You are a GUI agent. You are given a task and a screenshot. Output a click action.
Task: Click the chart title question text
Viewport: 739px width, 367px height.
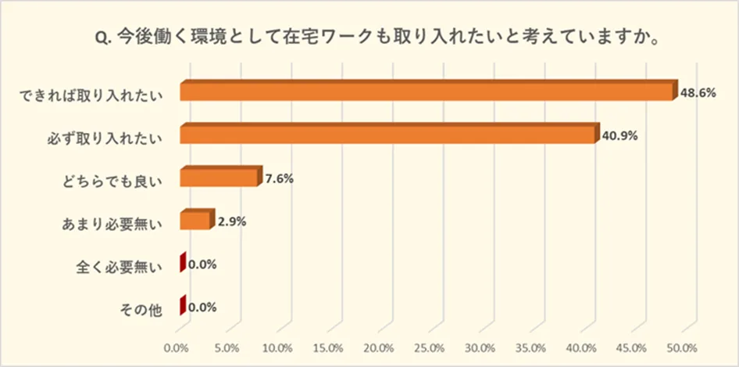[x=373, y=38]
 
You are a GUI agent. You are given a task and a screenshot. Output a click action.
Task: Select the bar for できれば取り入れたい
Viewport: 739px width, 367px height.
[x=426, y=91]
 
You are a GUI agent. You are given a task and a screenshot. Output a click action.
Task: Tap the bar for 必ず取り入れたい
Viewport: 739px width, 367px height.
[x=387, y=135]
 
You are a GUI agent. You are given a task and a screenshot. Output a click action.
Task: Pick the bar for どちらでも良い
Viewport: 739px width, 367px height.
[x=219, y=178]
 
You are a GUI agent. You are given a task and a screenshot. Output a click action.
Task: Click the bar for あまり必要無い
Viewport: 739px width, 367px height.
[x=195, y=220]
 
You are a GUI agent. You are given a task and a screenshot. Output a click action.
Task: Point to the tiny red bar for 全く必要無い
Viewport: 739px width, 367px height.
[x=183, y=263]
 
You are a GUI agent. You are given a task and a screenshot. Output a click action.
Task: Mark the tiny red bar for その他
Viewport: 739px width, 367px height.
[x=183, y=305]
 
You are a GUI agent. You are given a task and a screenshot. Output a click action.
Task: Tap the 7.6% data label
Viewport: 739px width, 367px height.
[x=279, y=178]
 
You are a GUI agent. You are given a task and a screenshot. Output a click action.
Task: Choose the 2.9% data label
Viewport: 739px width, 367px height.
[x=233, y=221]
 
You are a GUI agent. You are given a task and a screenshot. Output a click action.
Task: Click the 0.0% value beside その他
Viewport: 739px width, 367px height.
[x=202, y=307]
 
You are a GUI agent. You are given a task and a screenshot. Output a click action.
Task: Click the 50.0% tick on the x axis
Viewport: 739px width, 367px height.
[x=682, y=347]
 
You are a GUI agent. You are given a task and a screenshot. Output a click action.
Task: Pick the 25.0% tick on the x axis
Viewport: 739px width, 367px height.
[x=430, y=347]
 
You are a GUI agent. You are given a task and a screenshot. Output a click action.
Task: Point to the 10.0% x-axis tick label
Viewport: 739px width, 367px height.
[x=278, y=347]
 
